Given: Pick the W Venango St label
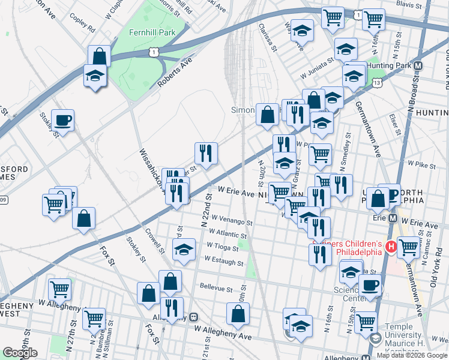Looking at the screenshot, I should [x=231, y=220].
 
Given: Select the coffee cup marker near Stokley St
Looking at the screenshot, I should [x=62, y=121].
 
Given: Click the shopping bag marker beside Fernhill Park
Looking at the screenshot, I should [x=99, y=57].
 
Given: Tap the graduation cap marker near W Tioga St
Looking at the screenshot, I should [x=184, y=250].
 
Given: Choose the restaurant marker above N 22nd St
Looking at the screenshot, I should [x=206, y=154].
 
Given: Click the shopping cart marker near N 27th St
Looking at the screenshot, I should [x=94, y=319].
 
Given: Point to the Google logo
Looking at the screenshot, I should [x=20, y=353].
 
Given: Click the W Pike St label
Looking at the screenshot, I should [x=421, y=163].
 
